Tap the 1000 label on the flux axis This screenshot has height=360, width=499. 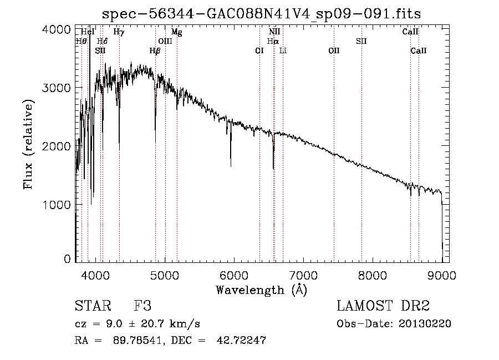(57, 205)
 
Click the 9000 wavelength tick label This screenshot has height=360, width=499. (441, 275)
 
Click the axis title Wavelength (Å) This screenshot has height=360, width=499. (261, 290)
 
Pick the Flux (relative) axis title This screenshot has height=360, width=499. (29, 144)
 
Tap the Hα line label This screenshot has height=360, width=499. (272, 42)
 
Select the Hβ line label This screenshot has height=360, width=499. (155, 51)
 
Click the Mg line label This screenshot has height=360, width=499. (176, 32)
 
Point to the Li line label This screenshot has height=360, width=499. (283, 51)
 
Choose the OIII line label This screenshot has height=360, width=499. (165, 42)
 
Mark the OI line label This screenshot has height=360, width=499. (259, 51)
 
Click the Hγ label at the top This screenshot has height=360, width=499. (119, 32)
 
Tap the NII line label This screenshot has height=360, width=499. (274, 32)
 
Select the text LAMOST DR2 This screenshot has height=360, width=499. (383, 306)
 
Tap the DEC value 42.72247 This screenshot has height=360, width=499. (239, 341)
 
